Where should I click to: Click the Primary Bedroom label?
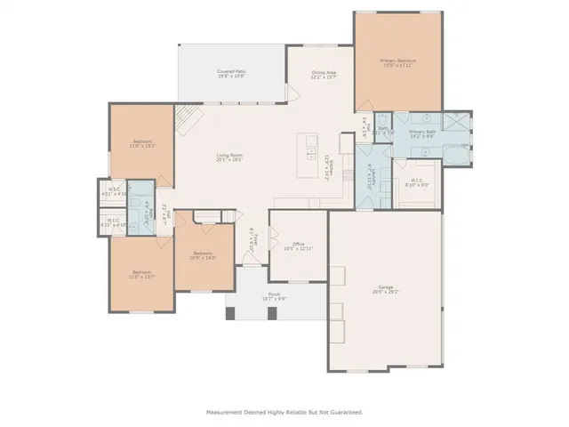coord(399,63)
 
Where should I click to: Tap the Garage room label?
coord(386,289)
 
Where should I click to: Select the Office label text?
coord(286,246)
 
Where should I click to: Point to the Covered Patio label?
coord(231,74)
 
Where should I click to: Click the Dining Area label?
coord(324,75)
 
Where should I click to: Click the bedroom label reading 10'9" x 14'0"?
coord(204,255)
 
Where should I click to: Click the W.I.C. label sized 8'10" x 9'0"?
coord(416,184)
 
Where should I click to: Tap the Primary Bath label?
coord(421,133)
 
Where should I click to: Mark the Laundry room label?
coord(371,179)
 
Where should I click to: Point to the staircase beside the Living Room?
coord(188,117)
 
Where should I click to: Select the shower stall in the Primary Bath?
coord(455,123)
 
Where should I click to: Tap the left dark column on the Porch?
coord(230,313)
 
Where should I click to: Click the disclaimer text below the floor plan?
coord(284,412)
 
